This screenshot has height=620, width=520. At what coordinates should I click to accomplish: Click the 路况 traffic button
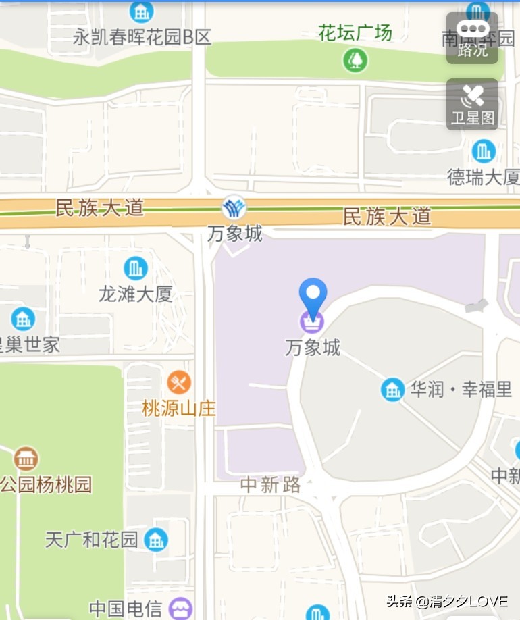point(472,38)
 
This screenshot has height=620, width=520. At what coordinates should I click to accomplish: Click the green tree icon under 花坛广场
point(355,60)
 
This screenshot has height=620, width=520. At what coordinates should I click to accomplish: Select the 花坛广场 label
point(355,32)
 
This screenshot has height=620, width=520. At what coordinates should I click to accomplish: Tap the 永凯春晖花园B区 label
point(142,36)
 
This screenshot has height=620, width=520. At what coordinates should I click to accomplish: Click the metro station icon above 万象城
point(234,207)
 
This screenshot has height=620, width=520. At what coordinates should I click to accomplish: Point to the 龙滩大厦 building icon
point(135,268)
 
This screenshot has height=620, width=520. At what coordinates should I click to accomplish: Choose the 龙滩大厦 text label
point(135,294)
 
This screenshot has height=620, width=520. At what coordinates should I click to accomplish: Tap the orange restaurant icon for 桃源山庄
point(178,383)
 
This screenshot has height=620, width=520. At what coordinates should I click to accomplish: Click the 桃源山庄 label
point(178,408)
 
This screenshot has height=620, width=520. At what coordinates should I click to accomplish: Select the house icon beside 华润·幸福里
point(392,389)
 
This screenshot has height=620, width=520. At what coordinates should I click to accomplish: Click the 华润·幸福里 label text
point(461,390)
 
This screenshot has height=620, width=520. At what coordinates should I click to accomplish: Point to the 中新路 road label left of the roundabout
point(271,484)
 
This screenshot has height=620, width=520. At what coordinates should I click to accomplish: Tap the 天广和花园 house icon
point(156,539)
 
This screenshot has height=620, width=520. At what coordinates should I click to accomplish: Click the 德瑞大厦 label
point(483,177)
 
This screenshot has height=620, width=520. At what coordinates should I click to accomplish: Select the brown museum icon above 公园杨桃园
point(26,459)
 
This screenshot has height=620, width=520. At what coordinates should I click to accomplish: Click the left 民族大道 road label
point(100,207)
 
